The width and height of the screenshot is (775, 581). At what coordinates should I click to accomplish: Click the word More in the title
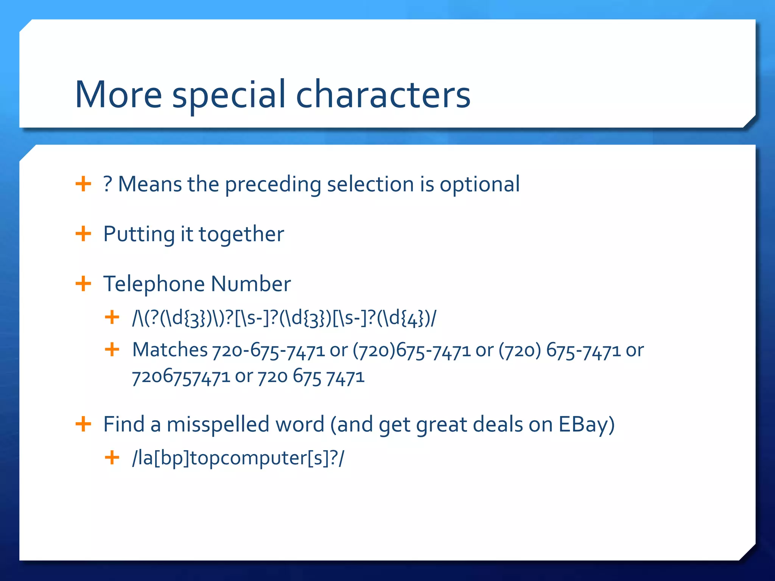[118, 95]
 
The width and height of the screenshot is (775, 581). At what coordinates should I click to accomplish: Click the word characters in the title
[383, 95]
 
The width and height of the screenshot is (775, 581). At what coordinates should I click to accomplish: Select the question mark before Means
[107, 184]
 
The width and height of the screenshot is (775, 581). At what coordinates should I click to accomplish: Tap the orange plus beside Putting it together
[83, 234]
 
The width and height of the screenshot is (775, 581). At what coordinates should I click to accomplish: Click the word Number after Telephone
[251, 284]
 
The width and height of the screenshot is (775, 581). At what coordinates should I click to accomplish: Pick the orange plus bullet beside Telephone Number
[83, 284]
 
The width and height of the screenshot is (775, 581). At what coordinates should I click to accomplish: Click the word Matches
[170, 350]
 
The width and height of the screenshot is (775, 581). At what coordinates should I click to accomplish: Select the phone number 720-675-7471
[268, 350]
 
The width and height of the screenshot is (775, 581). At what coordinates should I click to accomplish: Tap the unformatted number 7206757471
[181, 377]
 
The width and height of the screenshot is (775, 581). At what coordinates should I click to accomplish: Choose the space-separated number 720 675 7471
[311, 377]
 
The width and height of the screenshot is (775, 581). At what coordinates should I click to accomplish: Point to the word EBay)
[587, 425]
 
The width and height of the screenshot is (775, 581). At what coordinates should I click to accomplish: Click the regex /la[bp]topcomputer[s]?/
[238, 458]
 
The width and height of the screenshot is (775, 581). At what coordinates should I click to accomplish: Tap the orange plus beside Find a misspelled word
[83, 424]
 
